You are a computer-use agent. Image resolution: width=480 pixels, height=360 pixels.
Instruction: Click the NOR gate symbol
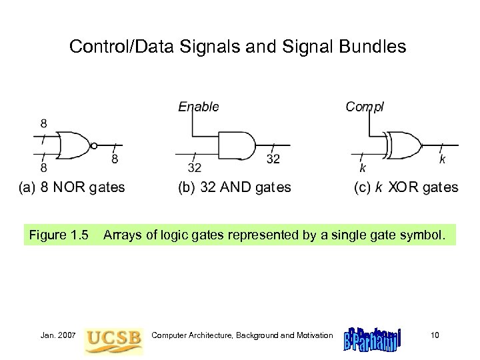tap(73, 145)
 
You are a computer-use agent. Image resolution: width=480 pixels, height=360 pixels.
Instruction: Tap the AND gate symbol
tap(236, 145)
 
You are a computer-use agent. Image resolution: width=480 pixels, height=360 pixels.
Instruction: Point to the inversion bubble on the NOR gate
tap(94, 145)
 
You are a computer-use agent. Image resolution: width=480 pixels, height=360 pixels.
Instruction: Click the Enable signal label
tap(198, 105)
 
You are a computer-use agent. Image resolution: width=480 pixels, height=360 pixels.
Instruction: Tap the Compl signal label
tap(364, 105)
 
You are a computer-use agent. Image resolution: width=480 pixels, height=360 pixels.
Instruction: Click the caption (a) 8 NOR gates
tap(71, 187)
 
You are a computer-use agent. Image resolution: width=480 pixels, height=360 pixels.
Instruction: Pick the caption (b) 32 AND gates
tap(234, 187)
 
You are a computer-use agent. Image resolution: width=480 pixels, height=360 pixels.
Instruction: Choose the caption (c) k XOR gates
tap(405, 187)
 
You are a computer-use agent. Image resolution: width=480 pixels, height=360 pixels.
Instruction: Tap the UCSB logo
tap(113, 335)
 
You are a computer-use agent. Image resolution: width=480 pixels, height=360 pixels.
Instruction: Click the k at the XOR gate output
tap(441, 159)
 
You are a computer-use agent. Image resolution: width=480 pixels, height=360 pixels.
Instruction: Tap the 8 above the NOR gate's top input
tap(43, 123)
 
